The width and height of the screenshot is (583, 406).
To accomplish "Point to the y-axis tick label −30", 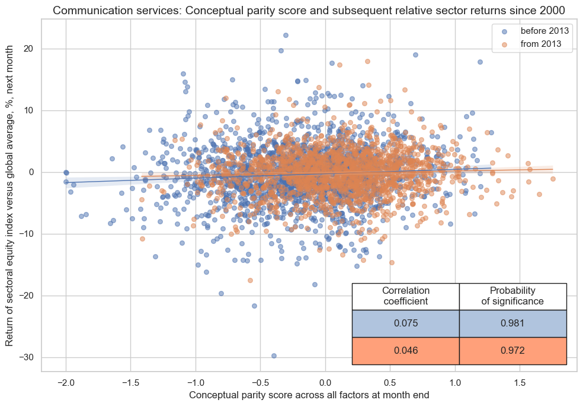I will (x=26, y=357).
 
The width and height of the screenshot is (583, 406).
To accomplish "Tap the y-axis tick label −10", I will (x=26, y=234).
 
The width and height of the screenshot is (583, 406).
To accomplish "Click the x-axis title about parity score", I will (x=309, y=394).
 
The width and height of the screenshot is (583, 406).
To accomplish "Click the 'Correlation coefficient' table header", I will (x=405, y=296).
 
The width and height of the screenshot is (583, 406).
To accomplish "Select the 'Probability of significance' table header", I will (x=512, y=296).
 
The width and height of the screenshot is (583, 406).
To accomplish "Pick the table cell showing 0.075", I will (x=405, y=323).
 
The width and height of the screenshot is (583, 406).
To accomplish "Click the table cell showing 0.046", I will (x=405, y=350).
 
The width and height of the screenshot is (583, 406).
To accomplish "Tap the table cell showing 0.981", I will (x=512, y=323).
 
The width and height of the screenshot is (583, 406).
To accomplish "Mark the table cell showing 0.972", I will (x=512, y=350).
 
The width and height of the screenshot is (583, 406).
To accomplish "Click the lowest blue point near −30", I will (x=274, y=356).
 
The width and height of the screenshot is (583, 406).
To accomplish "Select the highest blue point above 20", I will (x=286, y=35).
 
